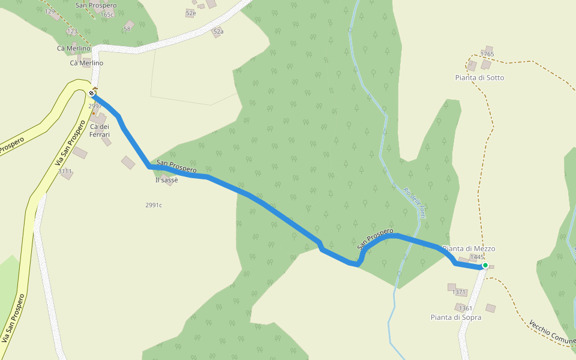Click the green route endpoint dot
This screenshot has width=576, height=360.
point(485,265)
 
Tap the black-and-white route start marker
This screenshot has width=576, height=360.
point(91,93)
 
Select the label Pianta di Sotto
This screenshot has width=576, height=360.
point(479,77)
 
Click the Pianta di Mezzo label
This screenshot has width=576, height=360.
point(469,248)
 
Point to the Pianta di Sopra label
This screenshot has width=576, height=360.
point(455,317)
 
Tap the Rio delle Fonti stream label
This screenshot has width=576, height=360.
point(415,203)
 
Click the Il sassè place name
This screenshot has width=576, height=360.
point(166,180)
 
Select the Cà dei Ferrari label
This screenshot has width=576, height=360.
point(100,131)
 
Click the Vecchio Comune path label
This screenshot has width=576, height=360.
point(551,334)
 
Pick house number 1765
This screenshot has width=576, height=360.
point(487,54)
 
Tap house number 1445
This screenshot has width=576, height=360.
point(477,257)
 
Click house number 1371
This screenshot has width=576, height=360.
point(459,293)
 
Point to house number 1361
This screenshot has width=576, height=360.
point(465,308)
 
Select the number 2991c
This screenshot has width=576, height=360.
point(154,205)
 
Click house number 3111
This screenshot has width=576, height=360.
point(65,172)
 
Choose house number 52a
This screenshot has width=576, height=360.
point(218,31)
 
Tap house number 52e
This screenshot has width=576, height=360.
point(191,13)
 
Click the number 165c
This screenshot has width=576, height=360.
point(107,15)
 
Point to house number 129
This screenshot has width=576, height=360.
point(50,11)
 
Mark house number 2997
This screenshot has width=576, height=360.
point(94,106)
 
